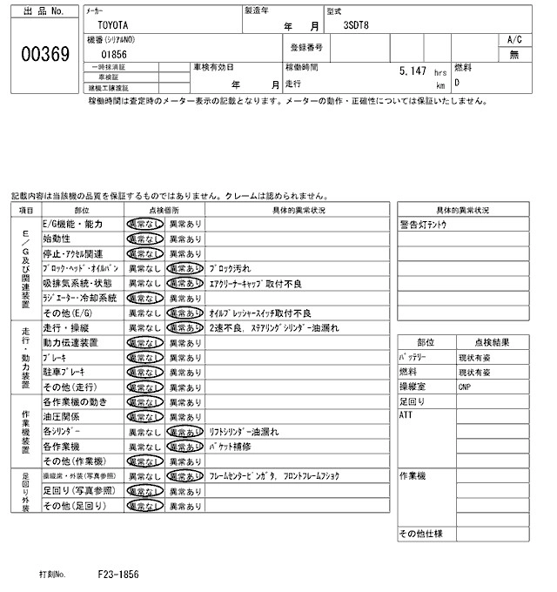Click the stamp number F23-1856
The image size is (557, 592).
pyautogui.click(x=118, y=575)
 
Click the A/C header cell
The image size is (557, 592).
pyautogui.click(x=514, y=40)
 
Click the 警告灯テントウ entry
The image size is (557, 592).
pyautogui.click(x=424, y=224)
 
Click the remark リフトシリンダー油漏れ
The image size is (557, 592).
pyautogui.click(x=244, y=431)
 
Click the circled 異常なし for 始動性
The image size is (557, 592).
pyautogui.click(x=144, y=239)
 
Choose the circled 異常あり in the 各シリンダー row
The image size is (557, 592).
pyautogui.click(x=185, y=431)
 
